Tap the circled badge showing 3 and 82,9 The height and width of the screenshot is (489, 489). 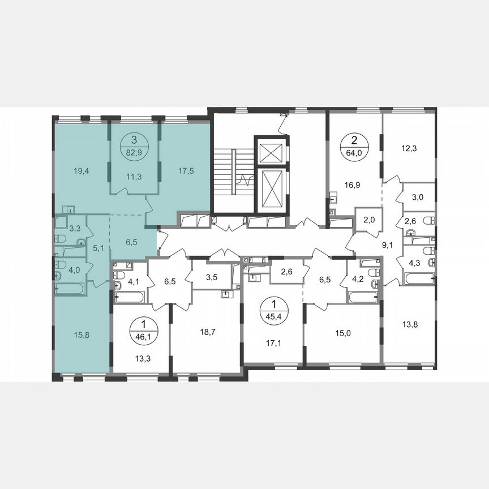point(134,144)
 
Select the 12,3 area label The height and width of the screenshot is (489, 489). point(409,148)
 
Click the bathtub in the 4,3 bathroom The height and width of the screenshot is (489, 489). point(418,278)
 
